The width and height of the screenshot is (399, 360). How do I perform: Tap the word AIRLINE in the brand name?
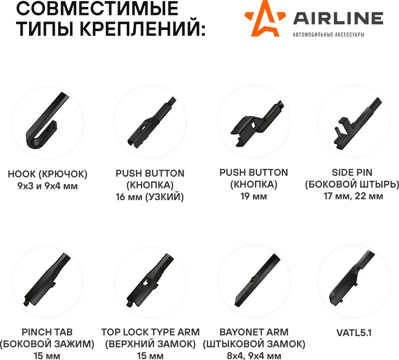(x=338, y=18)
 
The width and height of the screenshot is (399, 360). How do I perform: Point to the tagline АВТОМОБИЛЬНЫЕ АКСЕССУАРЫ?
(x=329, y=35)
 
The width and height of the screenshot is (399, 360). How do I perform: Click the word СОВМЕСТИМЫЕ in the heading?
(x=97, y=9)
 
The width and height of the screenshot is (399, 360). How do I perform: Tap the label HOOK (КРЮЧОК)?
(x=48, y=174)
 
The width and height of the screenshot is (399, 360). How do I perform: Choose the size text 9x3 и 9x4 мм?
(x=48, y=186)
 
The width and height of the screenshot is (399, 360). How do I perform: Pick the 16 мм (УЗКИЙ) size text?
(x=150, y=197)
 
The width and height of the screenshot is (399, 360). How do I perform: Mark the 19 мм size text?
(x=253, y=196)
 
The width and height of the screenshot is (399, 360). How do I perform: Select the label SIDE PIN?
(x=352, y=172)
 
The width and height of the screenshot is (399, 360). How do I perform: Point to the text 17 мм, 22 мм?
(x=353, y=196)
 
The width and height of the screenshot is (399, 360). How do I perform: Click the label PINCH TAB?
(x=47, y=332)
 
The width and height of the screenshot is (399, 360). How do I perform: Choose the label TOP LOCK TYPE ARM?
(x=150, y=332)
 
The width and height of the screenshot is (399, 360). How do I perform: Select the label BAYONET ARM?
(x=254, y=332)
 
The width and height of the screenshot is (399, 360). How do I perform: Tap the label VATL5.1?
(x=354, y=333)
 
